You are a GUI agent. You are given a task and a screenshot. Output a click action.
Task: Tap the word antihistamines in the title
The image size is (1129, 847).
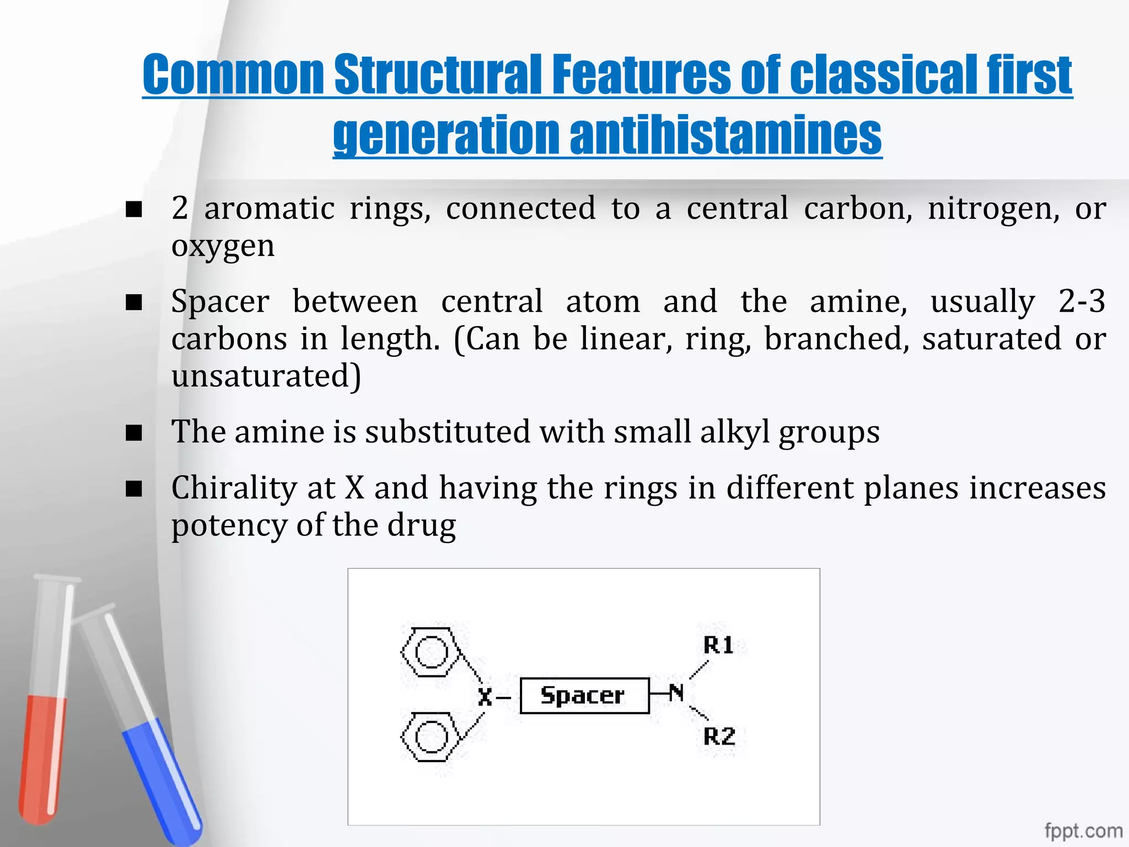pos(725,135)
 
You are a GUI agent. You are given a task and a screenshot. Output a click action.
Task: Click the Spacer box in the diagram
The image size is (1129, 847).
pos(584,695)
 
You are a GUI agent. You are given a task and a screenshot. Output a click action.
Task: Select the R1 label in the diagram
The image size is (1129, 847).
pos(718,645)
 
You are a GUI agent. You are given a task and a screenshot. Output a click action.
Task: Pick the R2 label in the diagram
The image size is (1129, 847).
pos(719,737)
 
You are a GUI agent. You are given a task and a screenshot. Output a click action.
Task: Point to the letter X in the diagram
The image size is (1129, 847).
pos(485,697)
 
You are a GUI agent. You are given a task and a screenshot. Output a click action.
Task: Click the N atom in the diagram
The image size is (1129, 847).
pos(676,693)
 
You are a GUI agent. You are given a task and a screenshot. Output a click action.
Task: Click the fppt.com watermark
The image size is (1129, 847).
pos(1083,830)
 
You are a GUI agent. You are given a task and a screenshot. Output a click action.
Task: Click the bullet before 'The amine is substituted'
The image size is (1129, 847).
pos(134,433)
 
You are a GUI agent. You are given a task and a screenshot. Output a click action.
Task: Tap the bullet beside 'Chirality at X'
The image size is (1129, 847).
pos(134,489)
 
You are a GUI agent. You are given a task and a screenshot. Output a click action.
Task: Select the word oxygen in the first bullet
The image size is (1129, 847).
pos(223,245)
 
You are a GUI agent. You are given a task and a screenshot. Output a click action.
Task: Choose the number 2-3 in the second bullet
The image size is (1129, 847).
pos(1082,302)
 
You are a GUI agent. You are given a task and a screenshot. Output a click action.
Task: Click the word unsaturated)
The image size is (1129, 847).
pos(266,376)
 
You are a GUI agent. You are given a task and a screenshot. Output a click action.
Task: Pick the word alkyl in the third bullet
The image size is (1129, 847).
pos(734,432)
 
